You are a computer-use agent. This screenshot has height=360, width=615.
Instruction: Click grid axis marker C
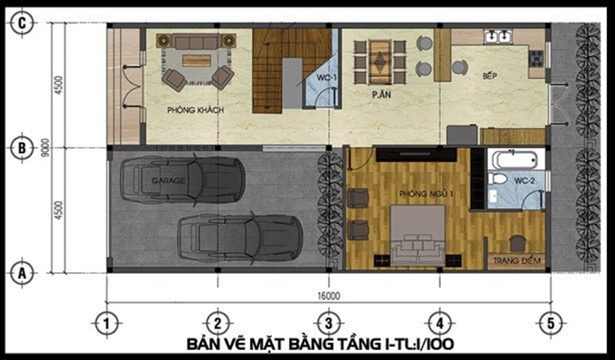pos(22,23)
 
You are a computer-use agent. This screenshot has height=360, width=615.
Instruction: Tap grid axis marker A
pos(22,271)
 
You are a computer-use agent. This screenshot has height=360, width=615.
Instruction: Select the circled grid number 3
pos(328,322)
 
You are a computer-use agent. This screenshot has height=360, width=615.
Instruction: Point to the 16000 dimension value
pos(329,296)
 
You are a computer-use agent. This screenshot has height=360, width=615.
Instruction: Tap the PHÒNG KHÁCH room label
pos(195,110)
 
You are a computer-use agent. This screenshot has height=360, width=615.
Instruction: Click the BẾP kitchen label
pos(490,76)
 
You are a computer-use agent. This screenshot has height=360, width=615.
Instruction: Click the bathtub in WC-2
pos(516,160)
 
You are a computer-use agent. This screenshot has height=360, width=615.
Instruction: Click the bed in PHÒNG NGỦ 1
pos(418,237)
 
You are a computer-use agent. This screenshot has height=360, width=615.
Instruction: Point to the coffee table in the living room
pos(196,60)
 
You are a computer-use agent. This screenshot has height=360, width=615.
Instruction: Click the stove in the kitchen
pos(536,58)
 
